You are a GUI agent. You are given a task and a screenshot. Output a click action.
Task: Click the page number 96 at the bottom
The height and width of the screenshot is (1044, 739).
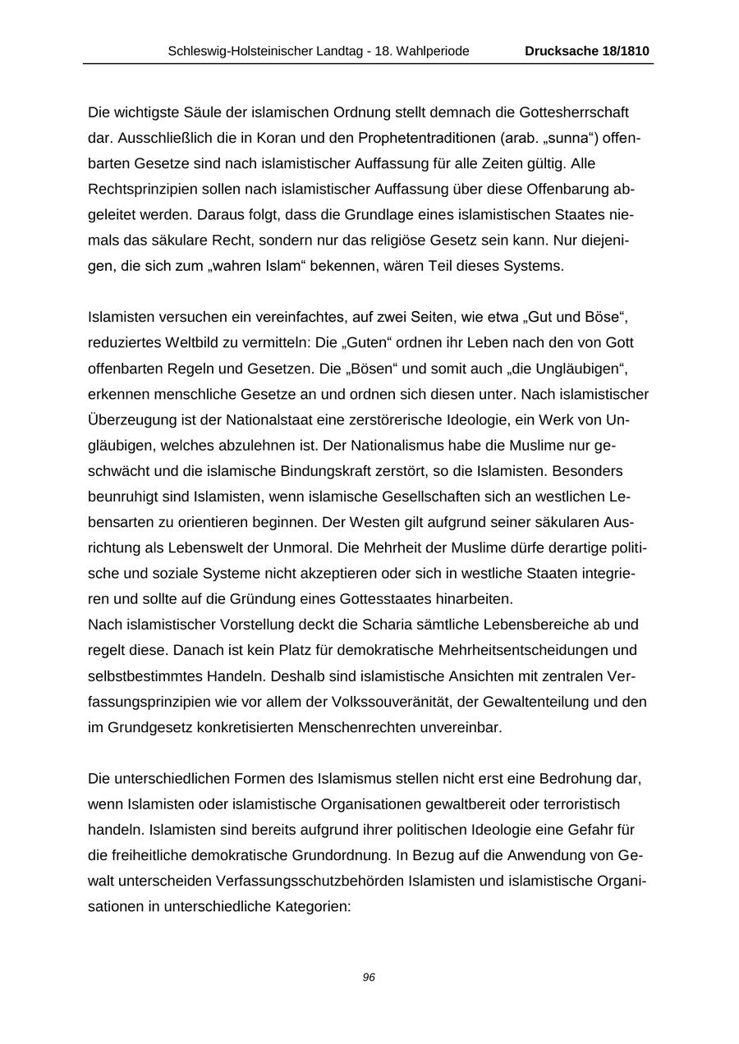(369, 977)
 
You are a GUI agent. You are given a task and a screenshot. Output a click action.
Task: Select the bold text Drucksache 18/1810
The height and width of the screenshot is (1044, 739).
(587, 51)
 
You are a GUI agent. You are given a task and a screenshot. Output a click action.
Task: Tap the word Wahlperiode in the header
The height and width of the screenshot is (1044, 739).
(434, 51)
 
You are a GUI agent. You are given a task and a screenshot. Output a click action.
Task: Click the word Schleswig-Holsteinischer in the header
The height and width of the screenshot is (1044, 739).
(238, 51)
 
